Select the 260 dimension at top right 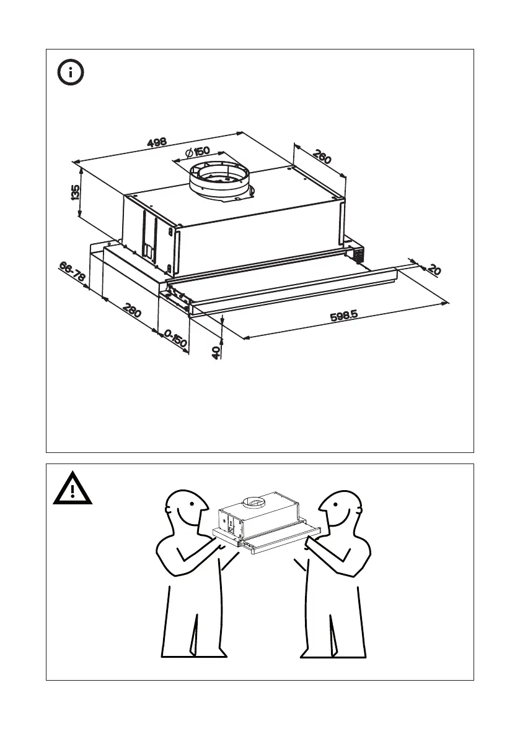pos(321,157)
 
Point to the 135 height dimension pos(76,192)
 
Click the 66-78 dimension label pos(73,270)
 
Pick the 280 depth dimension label pos(132,309)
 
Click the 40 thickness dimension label pos(216,353)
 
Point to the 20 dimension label pos(434,270)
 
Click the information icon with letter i pos(71,73)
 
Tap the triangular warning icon pos(73,490)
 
